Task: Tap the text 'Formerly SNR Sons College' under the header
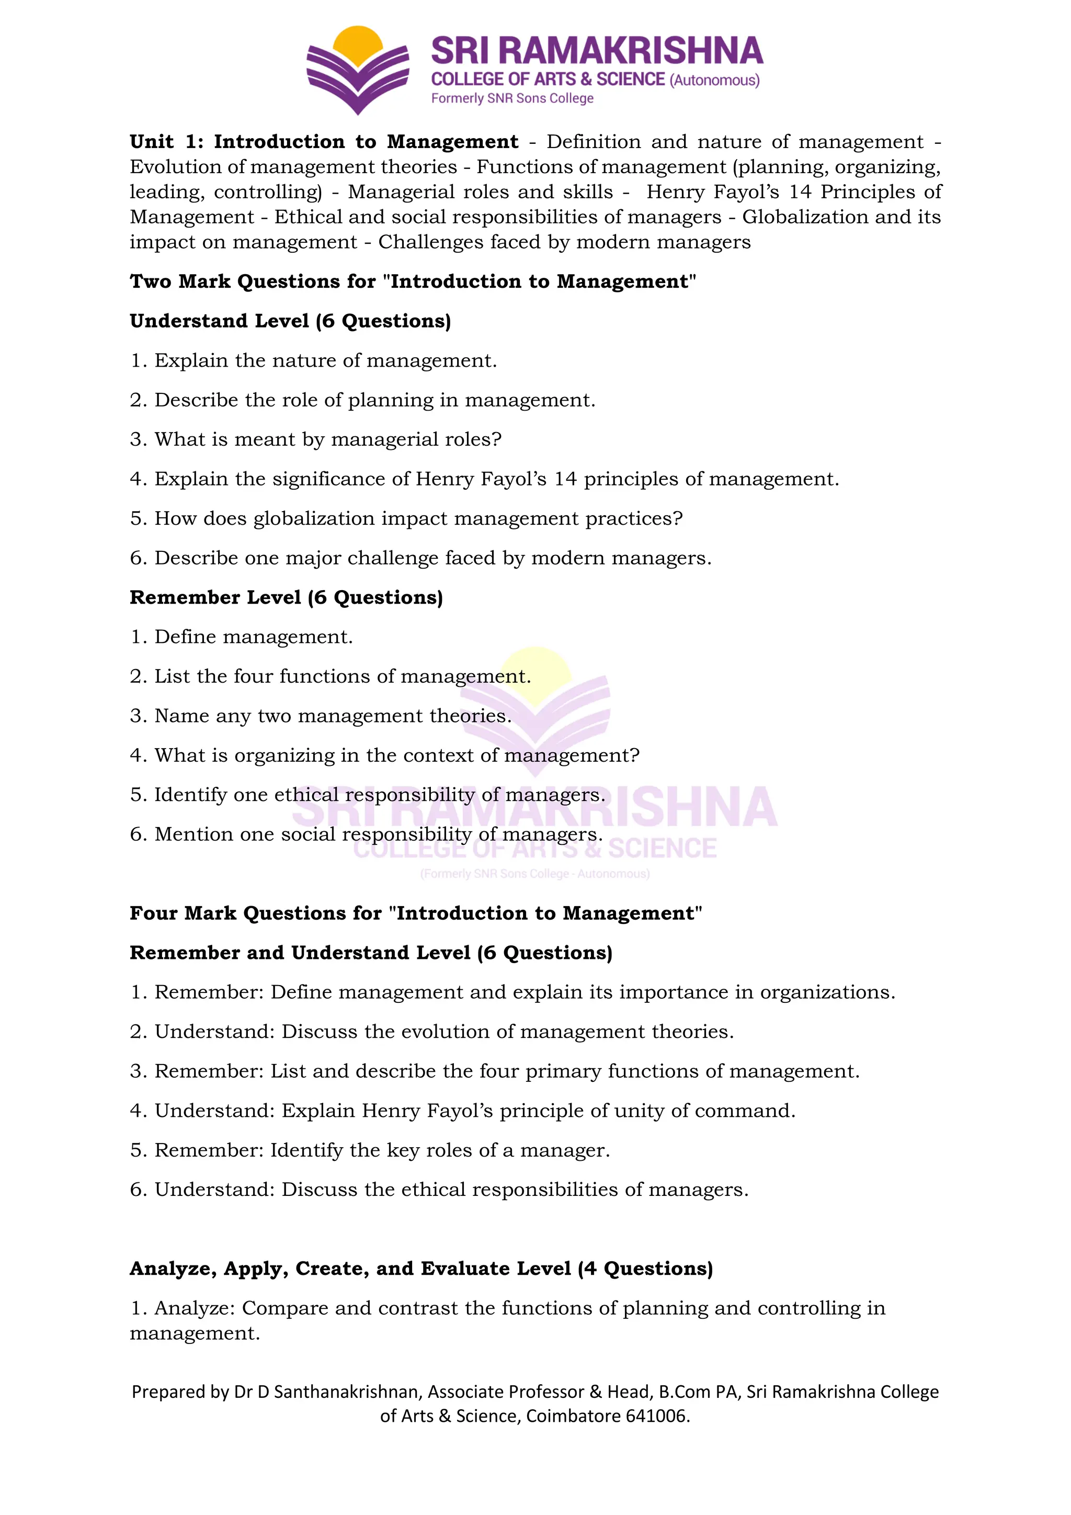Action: coord(512,98)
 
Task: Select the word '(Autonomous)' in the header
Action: coord(714,81)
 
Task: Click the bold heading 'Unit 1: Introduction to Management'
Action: coord(324,142)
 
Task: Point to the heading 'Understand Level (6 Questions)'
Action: coord(290,321)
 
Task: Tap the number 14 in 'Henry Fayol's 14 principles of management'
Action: coord(565,479)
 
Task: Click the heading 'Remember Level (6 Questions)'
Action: coord(286,598)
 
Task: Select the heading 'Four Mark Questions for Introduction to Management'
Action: coord(415,913)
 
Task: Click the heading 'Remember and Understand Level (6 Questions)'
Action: coord(371,953)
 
